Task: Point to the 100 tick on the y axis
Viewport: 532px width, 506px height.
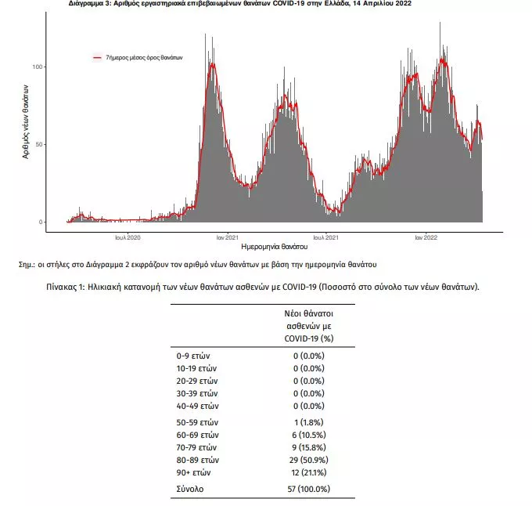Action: click(37, 67)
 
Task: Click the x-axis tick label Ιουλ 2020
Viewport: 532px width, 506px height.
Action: click(128, 236)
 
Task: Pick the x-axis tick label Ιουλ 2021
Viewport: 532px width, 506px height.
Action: click(326, 236)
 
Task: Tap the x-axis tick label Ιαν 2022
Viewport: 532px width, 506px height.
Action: click(426, 236)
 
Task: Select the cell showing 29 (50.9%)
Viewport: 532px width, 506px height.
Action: click(307, 460)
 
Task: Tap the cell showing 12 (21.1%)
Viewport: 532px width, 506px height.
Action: click(307, 473)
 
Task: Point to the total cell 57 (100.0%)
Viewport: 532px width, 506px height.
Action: click(307, 489)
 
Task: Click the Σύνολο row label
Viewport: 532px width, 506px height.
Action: click(191, 489)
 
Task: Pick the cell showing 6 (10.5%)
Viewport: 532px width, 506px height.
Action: click(307, 435)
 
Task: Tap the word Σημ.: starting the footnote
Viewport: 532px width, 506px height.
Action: click(27, 265)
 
